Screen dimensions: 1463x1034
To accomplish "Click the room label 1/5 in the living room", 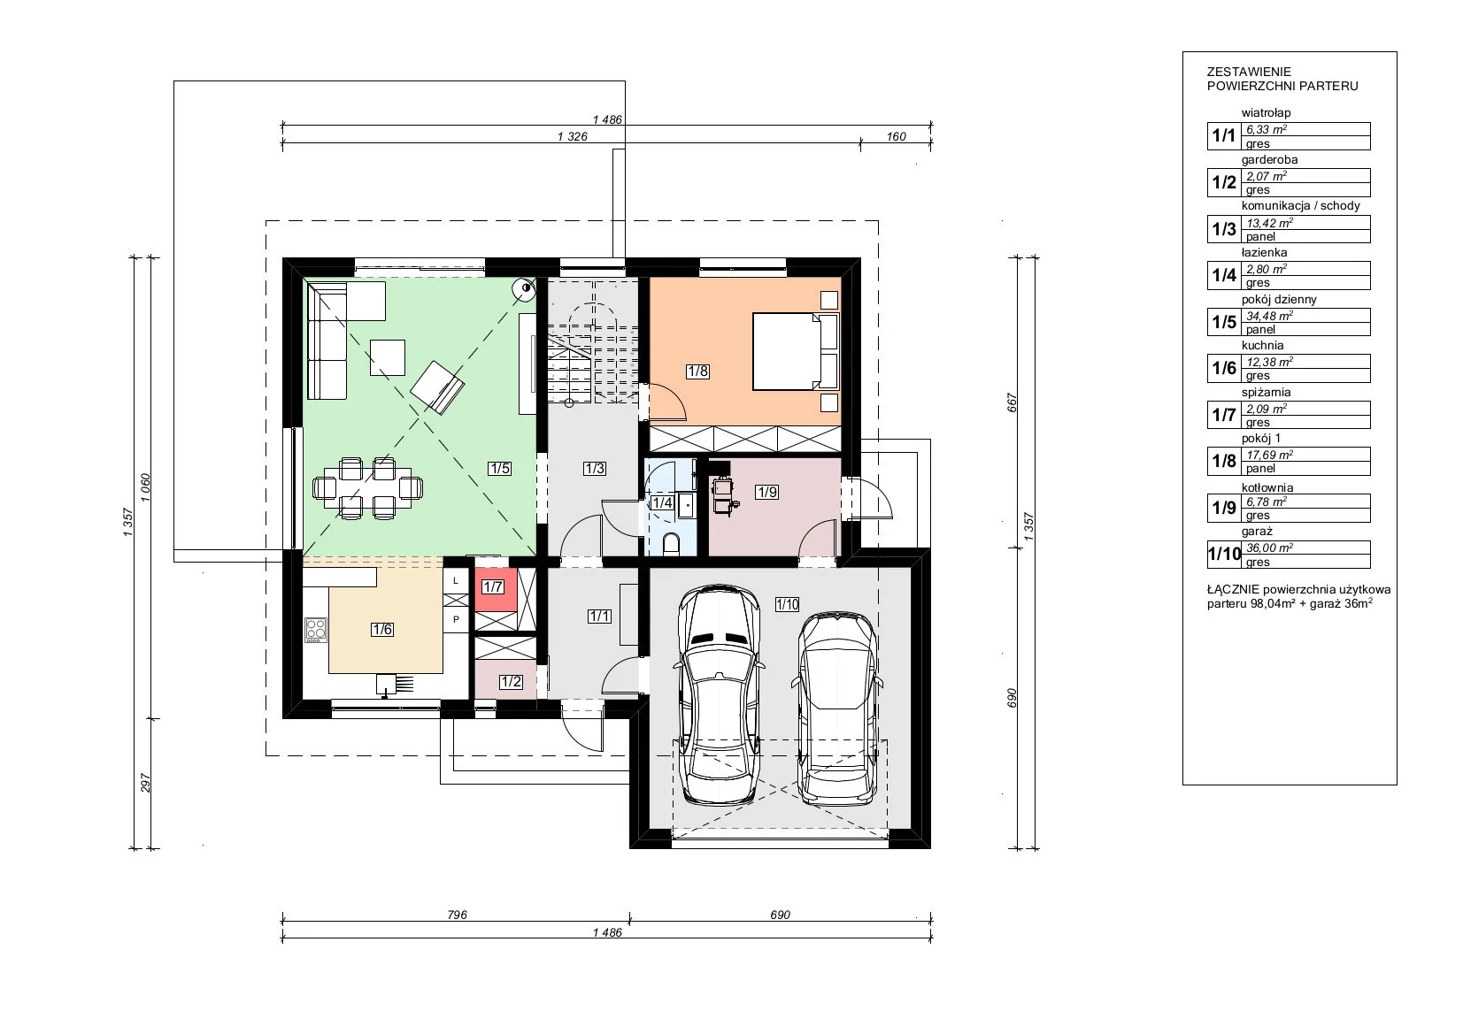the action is click(x=500, y=468).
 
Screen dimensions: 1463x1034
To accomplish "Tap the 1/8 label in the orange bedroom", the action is click(x=697, y=371).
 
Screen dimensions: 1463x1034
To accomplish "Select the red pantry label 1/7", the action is click(x=493, y=586).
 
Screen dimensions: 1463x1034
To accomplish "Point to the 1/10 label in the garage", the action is click(x=787, y=604).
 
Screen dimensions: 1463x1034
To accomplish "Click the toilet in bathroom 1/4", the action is click(x=671, y=543).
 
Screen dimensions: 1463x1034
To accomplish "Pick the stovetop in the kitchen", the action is click(x=316, y=629).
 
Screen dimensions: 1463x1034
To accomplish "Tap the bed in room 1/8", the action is click(x=796, y=351).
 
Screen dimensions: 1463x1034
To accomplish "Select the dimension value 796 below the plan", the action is click(x=458, y=915).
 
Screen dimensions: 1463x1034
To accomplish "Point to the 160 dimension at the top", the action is click(x=896, y=136).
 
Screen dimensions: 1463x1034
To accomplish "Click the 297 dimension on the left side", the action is click(x=146, y=784).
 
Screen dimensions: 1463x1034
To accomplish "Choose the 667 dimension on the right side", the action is click(x=1013, y=402).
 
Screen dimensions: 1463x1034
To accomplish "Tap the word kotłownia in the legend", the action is click(x=1267, y=487).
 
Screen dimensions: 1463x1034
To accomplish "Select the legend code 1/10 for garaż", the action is click(x=1224, y=555).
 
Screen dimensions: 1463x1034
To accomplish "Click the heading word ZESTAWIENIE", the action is click(x=1249, y=72).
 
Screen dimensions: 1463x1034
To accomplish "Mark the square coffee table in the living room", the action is click(x=388, y=357).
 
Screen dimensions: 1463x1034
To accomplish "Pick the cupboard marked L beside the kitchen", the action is click(x=456, y=581).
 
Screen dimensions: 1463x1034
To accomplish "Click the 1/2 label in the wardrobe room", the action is click(x=511, y=682).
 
